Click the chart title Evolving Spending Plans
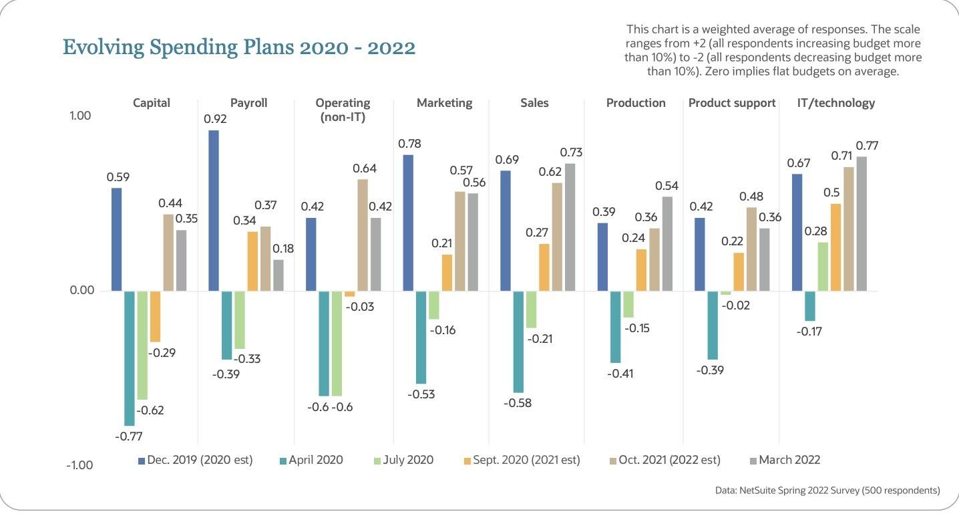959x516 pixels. tap(238, 47)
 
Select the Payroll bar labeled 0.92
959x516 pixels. tap(214, 211)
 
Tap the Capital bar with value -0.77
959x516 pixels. tap(130, 358)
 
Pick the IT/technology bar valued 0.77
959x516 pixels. tap(862, 223)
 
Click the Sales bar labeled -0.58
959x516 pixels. tap(518, 342)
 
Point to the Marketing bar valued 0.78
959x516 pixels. tap(408, 223)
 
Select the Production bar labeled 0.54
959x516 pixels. tap(668, 243)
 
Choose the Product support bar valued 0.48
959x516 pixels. tap(751, 249)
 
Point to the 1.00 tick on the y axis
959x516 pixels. tap(80, 116)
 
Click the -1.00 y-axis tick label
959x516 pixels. tap(80, 465)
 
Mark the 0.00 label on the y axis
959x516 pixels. tap(80, 291)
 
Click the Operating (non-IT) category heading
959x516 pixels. tap(343, 110)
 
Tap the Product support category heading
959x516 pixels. tap(732, 103)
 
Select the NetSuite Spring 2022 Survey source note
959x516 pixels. tap(827, 491)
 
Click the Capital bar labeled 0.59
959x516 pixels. tap(117, 239)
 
